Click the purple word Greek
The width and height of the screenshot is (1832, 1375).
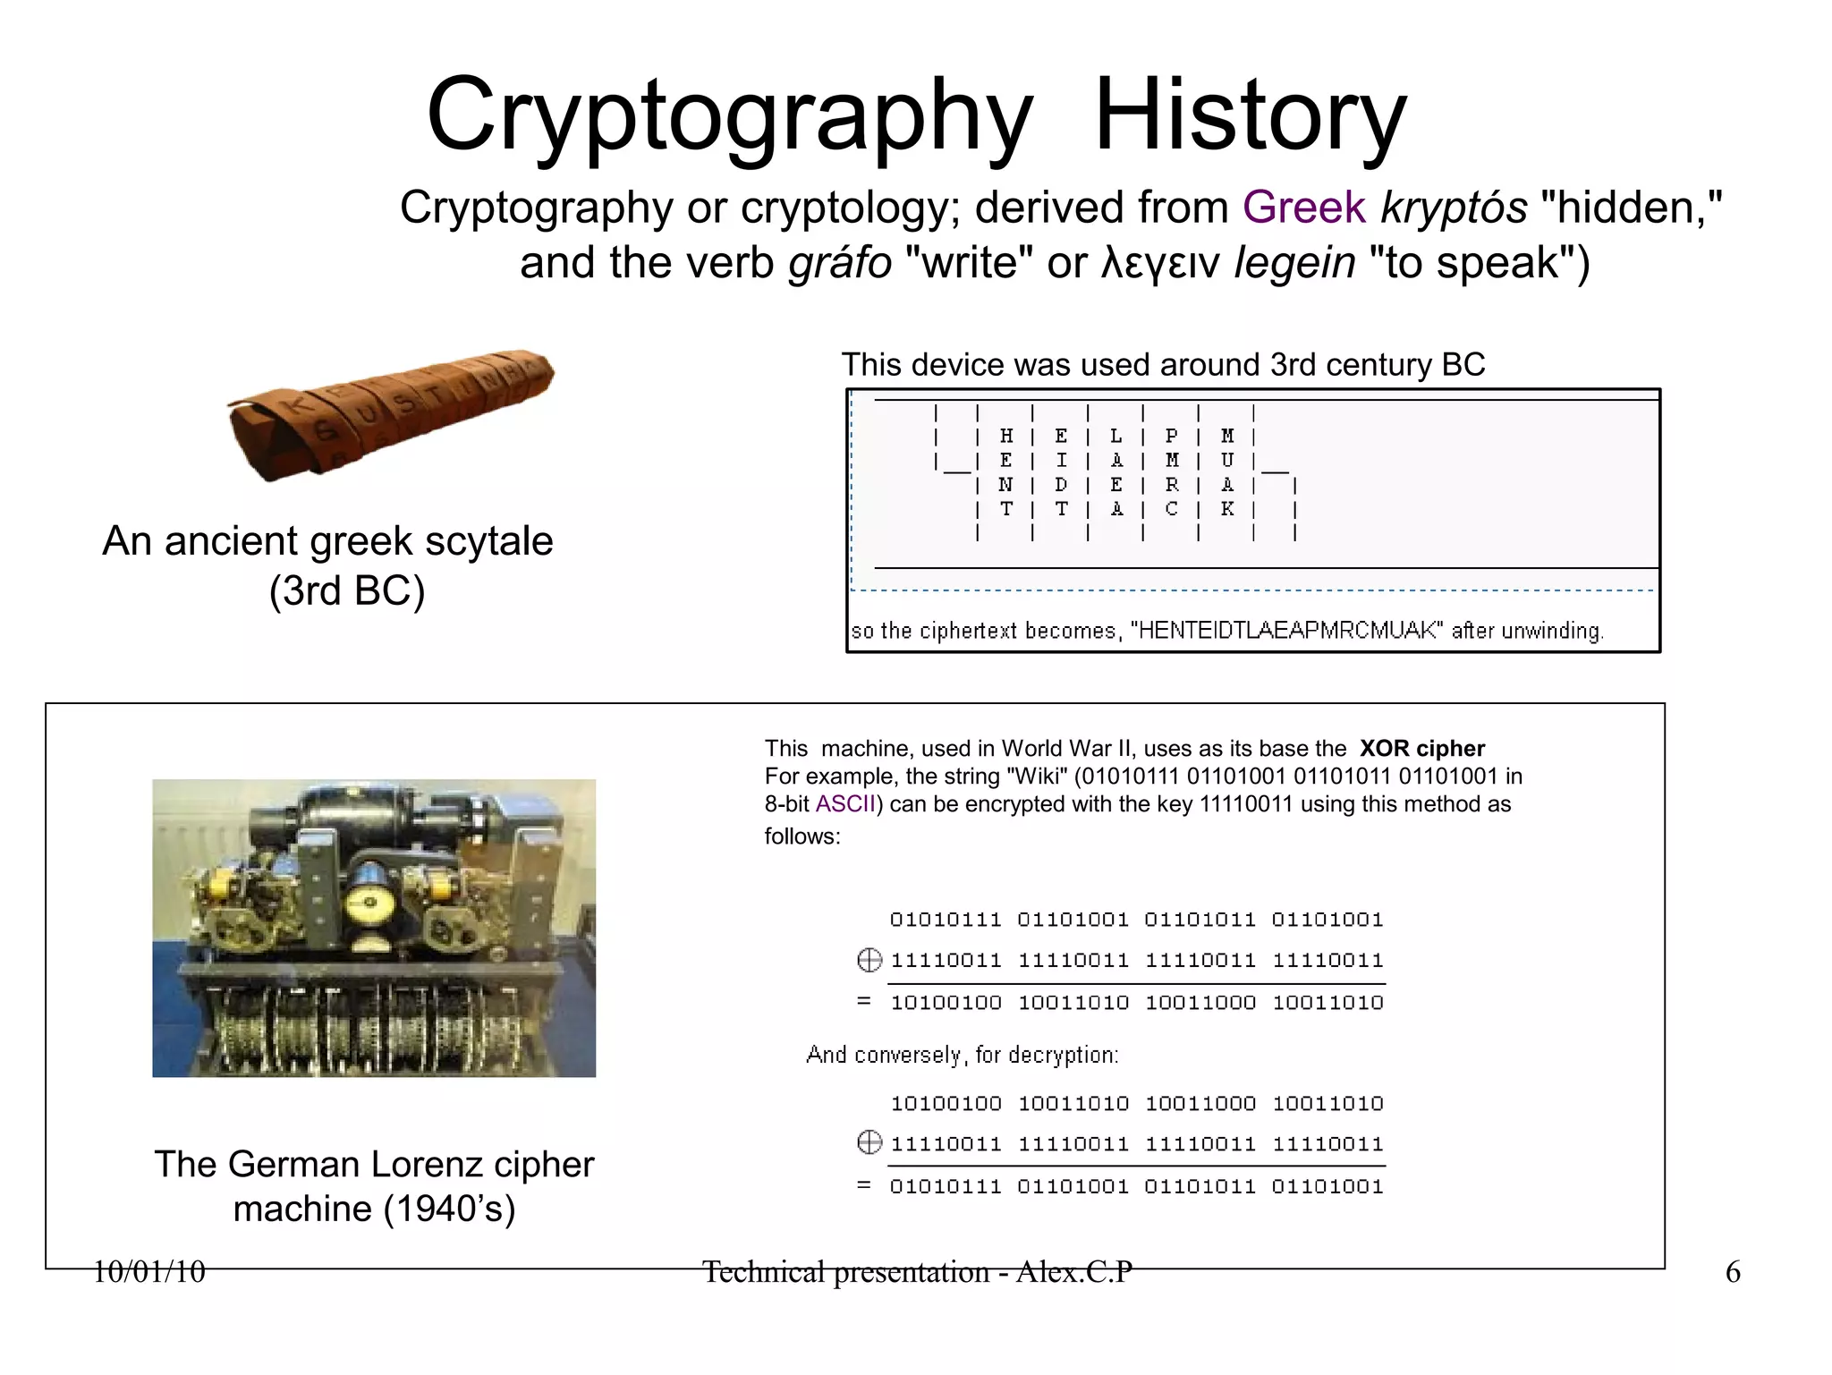[1303, 208]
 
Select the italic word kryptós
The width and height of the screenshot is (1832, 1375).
[1454, 208]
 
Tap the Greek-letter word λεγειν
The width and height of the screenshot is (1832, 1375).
[1160, 263]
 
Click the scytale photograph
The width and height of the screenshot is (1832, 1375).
[391, 412]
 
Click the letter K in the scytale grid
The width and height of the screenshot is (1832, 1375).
[1227, 509]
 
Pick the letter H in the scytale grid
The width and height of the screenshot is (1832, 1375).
[1006, 437]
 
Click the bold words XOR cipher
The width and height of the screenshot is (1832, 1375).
[1421, 749]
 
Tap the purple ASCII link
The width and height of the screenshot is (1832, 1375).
[844, 804]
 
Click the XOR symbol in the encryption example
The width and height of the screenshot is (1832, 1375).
[869, 961]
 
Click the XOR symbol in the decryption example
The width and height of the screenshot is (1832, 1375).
[869, 1143]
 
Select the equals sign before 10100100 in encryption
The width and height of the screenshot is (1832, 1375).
[863, 1001]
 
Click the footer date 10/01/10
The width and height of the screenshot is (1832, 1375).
[148, 1271]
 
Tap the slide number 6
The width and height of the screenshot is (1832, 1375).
[1732, 1271]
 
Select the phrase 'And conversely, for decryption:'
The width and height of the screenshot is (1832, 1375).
[962, 1056]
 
